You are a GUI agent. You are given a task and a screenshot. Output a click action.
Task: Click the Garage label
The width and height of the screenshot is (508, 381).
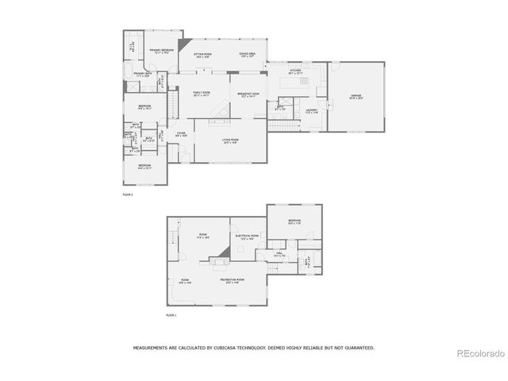[x=356, y=96]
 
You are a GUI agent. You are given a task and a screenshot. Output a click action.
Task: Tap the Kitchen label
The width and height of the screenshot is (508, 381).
[x=295, y=71]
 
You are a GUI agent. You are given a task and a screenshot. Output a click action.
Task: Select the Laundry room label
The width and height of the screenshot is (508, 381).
[x=311, y=111]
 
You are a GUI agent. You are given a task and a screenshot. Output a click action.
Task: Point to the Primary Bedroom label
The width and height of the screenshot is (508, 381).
[x=162, y=50]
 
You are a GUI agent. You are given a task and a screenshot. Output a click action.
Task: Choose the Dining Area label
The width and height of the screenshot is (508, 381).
[x=248, y=55]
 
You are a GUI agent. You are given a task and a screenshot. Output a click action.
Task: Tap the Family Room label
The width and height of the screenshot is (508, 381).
[x=202, y=94]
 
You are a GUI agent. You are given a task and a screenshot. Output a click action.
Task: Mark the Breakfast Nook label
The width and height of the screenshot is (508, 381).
[x=248, y=94]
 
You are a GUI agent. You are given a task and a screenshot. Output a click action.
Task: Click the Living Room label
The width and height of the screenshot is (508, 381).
[x=230, y=141]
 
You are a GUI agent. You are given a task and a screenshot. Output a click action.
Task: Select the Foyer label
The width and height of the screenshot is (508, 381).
[x=182, y=134]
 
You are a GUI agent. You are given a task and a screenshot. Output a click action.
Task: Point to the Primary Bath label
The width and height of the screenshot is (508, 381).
[x=144, y=75]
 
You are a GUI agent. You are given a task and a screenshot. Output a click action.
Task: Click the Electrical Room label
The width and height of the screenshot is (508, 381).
[x=246, y=237]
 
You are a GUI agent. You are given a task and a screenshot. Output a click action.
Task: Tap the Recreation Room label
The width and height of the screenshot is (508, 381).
[x=233, y=280]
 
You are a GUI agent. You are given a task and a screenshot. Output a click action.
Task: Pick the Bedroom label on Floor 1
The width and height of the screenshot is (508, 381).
[x=294, y=221]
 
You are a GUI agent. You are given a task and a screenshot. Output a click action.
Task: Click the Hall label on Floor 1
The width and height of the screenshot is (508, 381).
[x=279, y=255]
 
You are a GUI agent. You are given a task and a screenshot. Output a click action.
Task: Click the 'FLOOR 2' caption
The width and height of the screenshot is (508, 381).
[x=127, y=194]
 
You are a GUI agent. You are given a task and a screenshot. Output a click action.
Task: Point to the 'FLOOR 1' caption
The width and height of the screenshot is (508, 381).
[x=171, y=315]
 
